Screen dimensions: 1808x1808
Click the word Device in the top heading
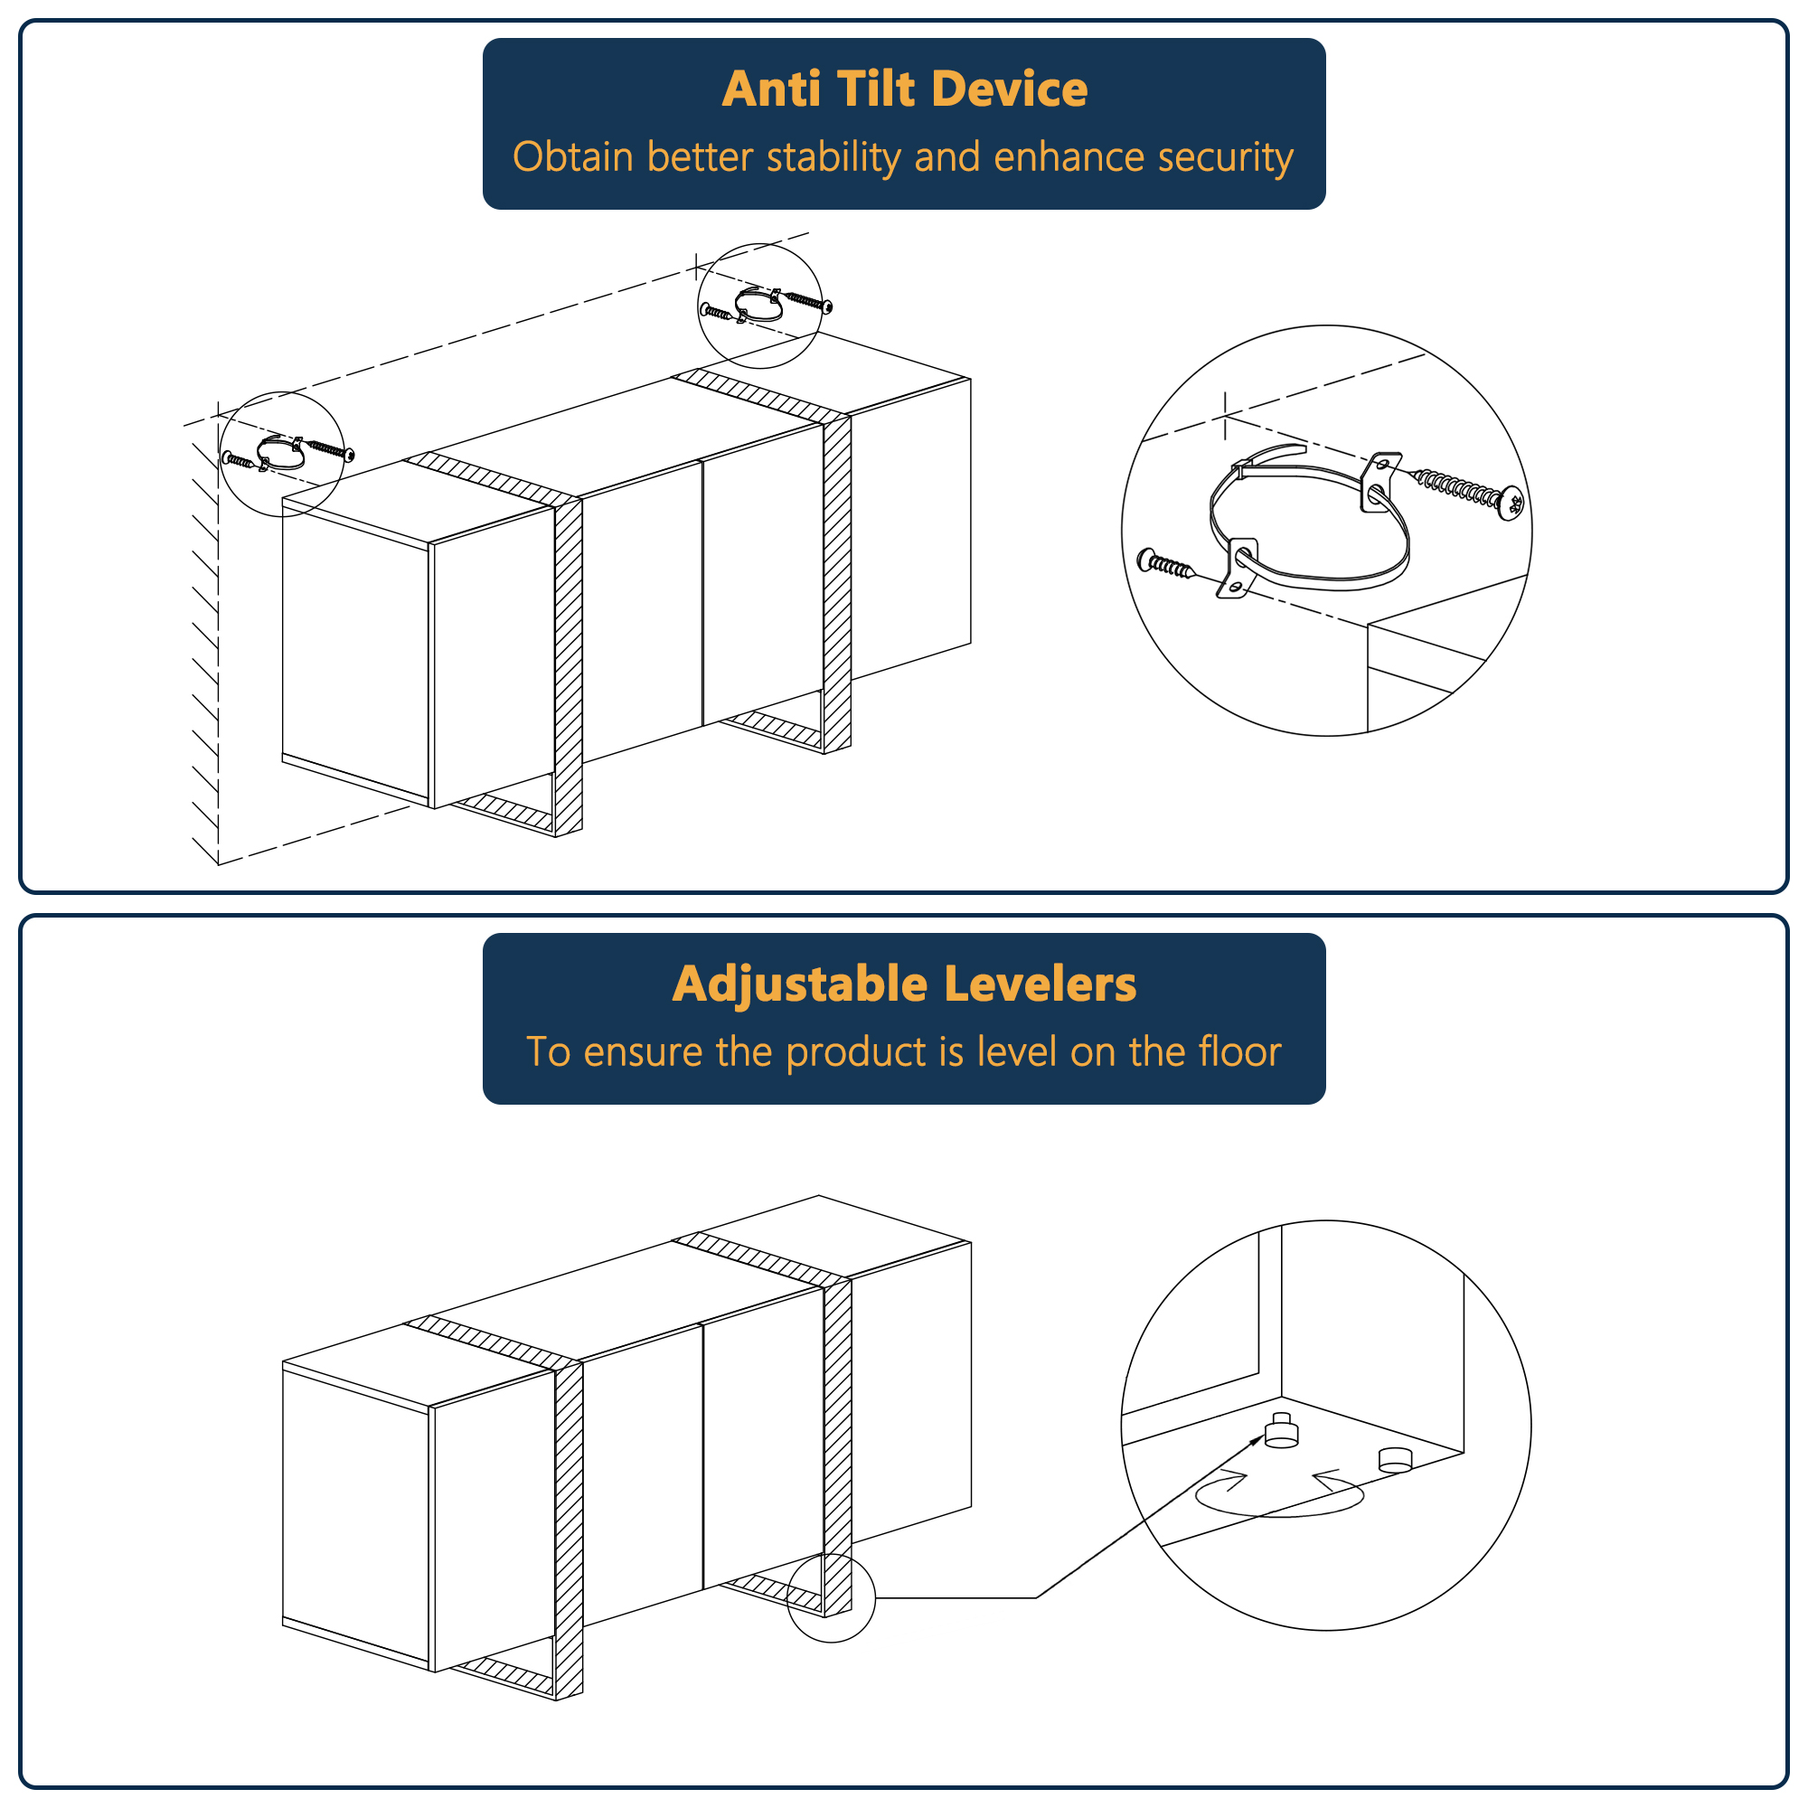[1010, 89]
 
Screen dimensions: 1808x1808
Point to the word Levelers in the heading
[1040, 984]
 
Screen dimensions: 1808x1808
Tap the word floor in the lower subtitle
[1241, 1051]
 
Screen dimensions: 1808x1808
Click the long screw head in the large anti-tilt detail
[1510, 504]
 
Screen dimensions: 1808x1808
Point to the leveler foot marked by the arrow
[1281, 1432]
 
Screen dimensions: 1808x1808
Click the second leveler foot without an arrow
[1394, 1459]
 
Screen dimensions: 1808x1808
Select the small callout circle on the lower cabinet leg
[831, 1597]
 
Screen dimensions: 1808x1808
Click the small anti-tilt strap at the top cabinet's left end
[281, 454]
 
